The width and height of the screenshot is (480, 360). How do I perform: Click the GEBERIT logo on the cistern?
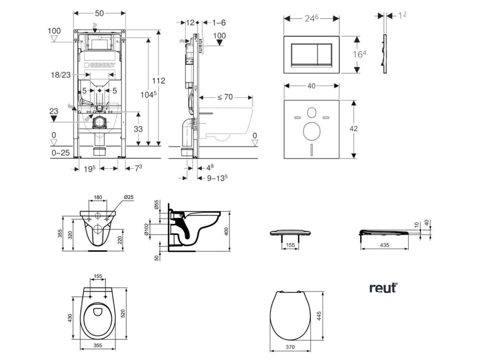coord(100,65)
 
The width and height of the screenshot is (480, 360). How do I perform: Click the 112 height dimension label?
coord(158,81)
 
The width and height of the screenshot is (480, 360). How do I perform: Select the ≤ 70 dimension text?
coord(225,97)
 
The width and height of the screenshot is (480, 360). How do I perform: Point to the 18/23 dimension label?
coord(60,75)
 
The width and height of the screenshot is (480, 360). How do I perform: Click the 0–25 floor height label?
coord(60,152)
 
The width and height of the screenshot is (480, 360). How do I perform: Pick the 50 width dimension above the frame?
coord(99,13)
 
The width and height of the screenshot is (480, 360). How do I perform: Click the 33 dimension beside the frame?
coord(138,129)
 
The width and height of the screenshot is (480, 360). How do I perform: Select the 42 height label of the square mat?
coord(353,128)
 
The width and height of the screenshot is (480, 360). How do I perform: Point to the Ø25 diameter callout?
coord(128,197)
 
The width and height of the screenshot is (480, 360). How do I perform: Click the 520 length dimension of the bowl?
coord(123,313)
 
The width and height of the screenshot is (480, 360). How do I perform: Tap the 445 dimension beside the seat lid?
coord(319,316)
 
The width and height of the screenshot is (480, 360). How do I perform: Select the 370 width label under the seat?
coord(290,347)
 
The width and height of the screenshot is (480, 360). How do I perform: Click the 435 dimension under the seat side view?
coord(384,245)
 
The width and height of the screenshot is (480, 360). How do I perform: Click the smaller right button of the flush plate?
coord(325,54)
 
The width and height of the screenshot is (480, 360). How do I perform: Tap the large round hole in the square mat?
coord(312,131)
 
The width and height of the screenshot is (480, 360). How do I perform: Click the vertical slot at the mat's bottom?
coord(312,149)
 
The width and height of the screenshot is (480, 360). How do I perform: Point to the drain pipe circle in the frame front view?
coord(99,123)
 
